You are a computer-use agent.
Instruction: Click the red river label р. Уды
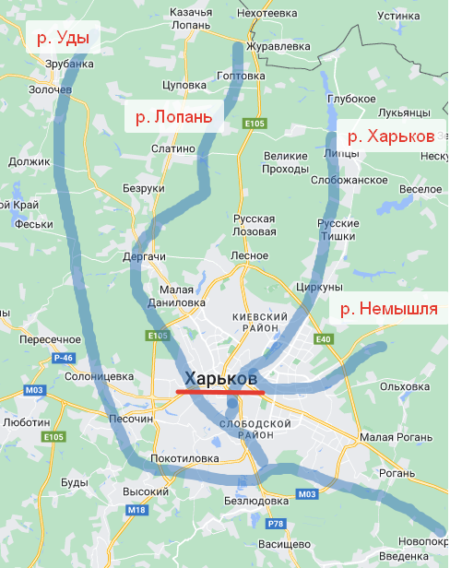point(63,39)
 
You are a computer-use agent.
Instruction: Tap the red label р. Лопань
point(174,117)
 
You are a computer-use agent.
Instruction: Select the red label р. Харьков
point(386,136)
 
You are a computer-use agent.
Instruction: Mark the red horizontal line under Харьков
point(220,393)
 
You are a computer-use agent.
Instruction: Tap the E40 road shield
point(323,339)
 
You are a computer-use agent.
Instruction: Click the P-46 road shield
point(63,357)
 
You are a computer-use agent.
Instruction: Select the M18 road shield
point(136,510)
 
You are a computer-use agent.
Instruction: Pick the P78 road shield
point(275,524)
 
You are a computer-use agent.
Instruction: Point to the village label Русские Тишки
point(337,230)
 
